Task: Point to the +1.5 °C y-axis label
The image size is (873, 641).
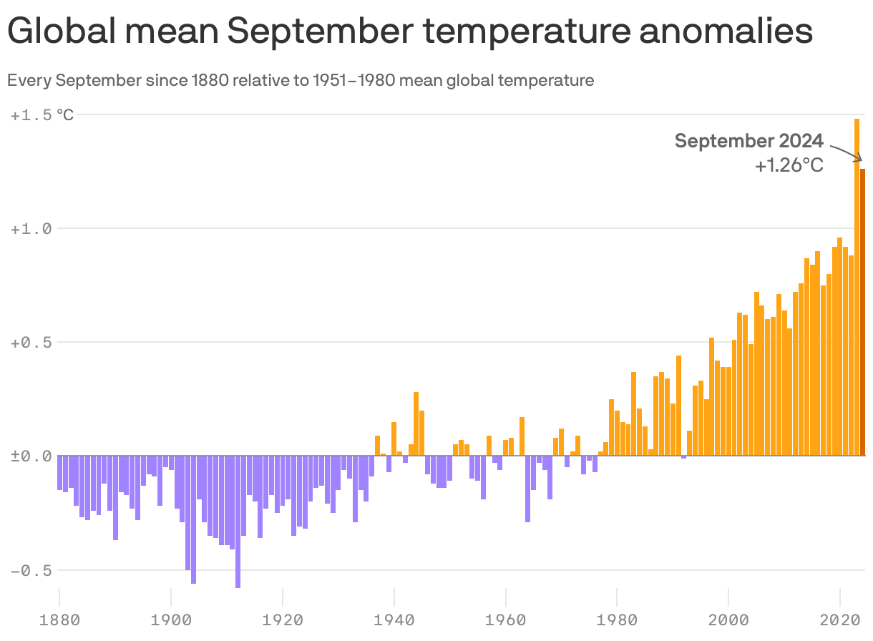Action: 42,114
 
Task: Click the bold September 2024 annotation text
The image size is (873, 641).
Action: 749,141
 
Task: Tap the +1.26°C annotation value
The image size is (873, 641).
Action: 789,166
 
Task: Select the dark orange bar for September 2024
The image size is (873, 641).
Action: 863,315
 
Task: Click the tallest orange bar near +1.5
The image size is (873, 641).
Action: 857,286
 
